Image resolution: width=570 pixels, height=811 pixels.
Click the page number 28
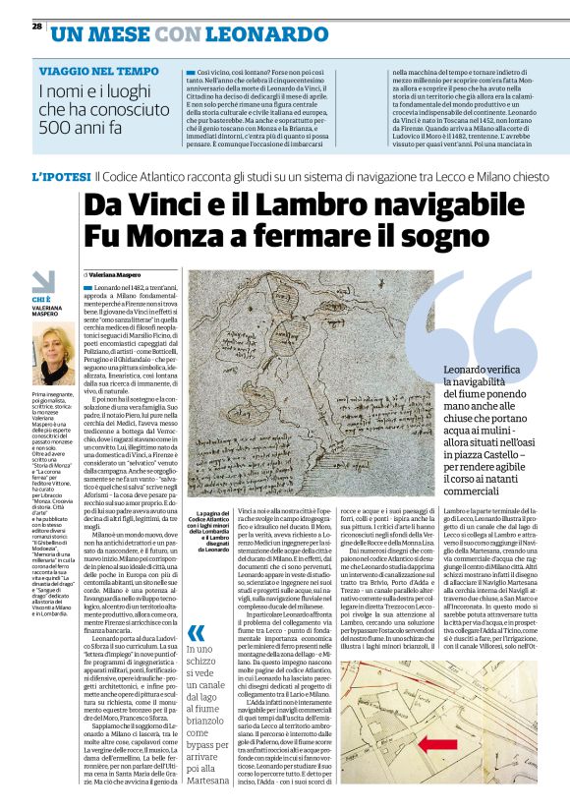click(x=36, y=27)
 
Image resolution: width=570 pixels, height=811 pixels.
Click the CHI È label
click(x=41, y=299)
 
